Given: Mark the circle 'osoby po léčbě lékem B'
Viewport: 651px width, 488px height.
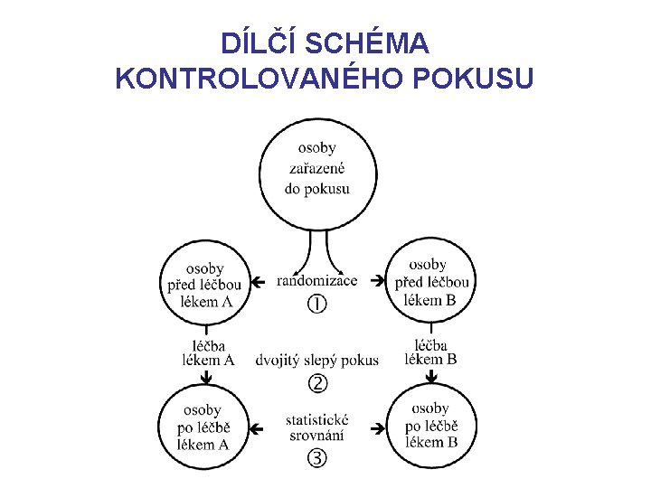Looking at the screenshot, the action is click(x=429, y=426).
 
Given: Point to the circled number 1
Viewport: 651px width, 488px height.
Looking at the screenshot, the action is click(x=316, y=305).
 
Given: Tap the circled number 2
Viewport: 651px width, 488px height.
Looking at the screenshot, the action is click(x=317, y=384).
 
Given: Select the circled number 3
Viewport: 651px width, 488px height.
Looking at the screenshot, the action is click(x=317, y=457).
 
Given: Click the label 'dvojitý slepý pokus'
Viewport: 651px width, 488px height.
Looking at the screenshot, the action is click(x=317, y=361).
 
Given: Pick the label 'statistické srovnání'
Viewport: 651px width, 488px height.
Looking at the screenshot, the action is click(x=316, y=427).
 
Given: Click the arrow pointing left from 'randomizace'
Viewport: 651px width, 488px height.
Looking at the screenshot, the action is click(x=259, y=282).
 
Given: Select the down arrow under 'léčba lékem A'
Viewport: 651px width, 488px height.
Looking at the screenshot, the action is click(x=206, y=374).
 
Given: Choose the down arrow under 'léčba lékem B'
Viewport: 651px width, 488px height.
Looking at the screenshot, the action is click(x=430, y=373).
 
